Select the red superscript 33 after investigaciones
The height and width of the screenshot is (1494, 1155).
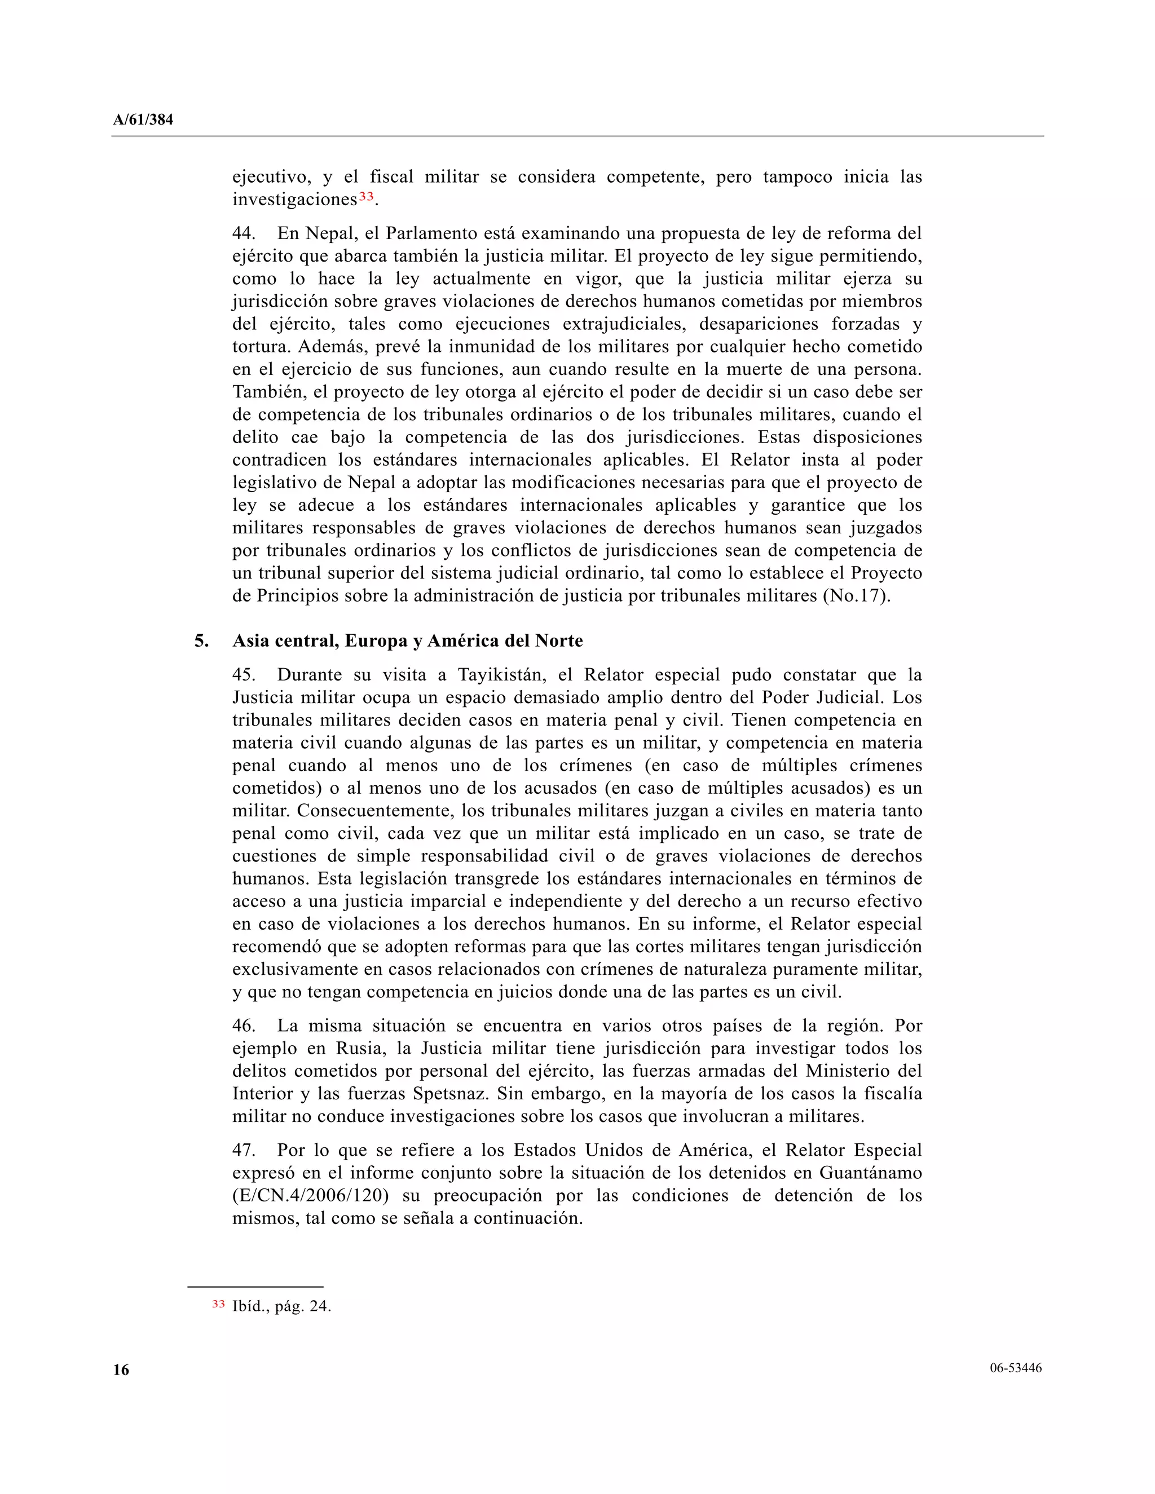[366, 196]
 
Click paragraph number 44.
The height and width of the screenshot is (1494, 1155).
[243, 233]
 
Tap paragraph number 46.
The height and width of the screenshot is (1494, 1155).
[243, 1026]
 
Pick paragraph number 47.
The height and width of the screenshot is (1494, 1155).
[243, 1150]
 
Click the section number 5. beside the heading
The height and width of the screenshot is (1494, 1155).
[201, 641]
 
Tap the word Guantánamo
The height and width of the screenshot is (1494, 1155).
[870, 1173]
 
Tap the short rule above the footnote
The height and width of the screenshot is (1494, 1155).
[255, 1287]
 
